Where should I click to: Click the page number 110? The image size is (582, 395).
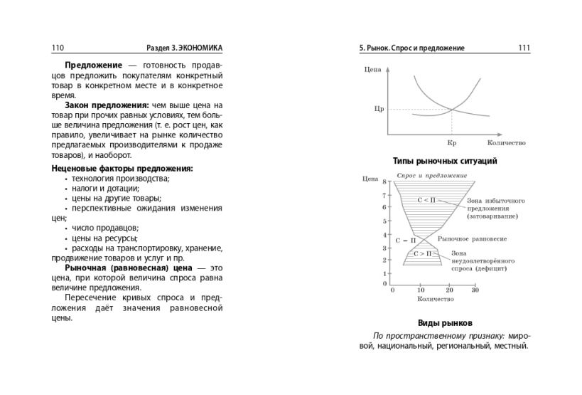click(x=58, y=48)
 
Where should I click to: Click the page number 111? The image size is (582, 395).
click(x=524, y=48)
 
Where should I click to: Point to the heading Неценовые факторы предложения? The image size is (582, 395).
click(x=122, y=169)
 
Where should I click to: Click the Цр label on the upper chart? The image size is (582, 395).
click(x=378, y=110)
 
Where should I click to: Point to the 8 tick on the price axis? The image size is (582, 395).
click(x=384, y=182)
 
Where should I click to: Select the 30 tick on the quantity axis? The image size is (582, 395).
click(x=475, y=290)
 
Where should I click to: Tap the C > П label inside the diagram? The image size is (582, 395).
click(x=424, y=253)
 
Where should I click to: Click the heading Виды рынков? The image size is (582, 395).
click(x=445, y=322)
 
